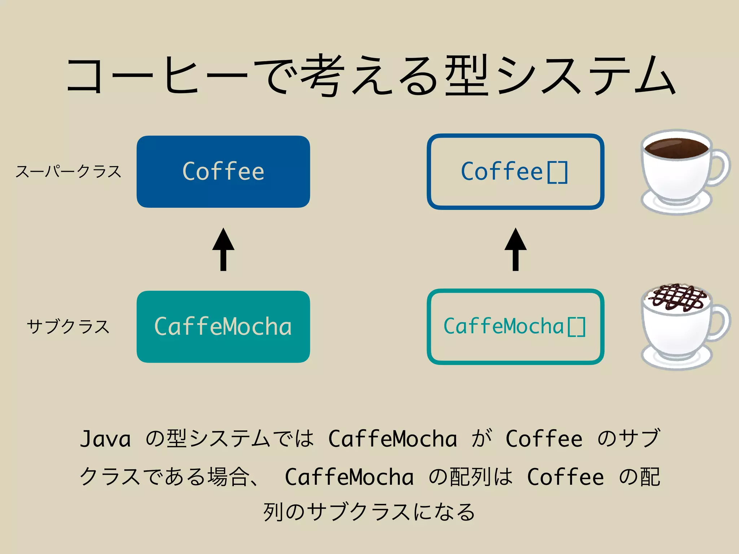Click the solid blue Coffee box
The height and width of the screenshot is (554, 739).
coord(223,171)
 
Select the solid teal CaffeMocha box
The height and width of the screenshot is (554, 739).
coord(223,326)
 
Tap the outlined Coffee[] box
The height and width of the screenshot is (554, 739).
coord(515,171)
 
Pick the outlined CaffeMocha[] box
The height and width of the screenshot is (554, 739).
coord(515,326)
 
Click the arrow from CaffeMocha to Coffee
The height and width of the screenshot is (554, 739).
coord(223,250)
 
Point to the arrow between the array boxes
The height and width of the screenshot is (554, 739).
coord(515,250)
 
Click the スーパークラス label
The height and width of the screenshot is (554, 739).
coord(68,171)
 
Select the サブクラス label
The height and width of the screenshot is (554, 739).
coord(68,327)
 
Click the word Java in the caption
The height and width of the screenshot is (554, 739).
coord(105,439)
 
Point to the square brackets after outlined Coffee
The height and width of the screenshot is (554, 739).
coord(557,172)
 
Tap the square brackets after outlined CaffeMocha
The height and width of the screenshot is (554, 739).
coord(576,327)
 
